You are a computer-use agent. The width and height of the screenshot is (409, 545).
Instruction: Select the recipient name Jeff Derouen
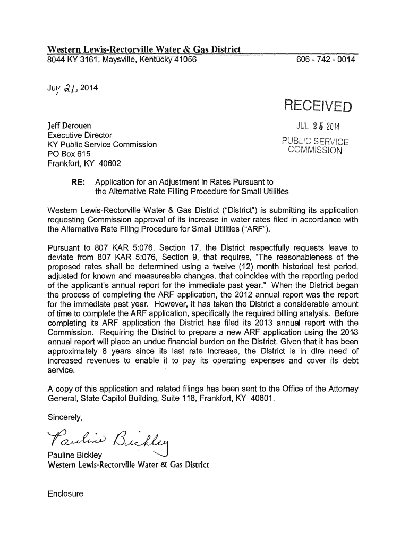click(70, 126)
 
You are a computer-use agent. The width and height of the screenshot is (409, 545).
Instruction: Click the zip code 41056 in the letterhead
click(183, 61)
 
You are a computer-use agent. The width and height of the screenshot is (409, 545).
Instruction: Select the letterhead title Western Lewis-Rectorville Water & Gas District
click(144, 51)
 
